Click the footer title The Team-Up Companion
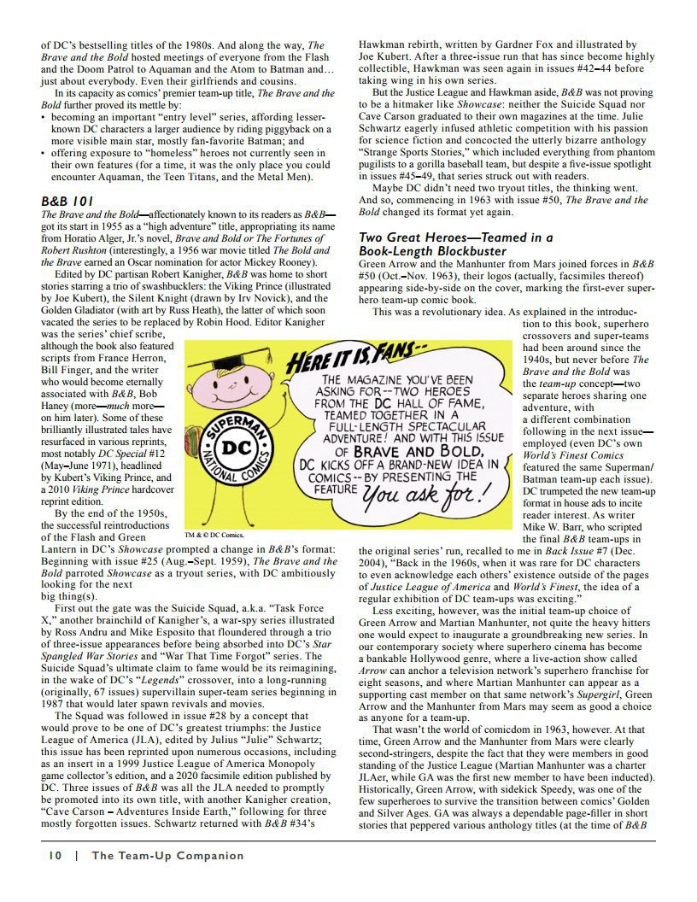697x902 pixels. (167, 855)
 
